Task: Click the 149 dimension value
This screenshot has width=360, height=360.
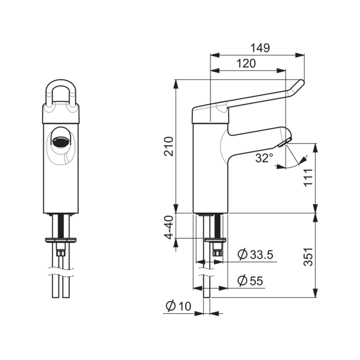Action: click(260, 48)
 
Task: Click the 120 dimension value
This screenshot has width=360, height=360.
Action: click(246, 63)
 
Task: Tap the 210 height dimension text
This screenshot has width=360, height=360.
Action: click(168, 147)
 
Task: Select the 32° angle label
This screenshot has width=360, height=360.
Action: click(264, 158)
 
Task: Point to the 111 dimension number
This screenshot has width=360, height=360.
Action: click(309, 177)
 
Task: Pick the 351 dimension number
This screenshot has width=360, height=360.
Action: click(308, 257)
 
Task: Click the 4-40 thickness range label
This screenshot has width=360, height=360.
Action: click(170, 228)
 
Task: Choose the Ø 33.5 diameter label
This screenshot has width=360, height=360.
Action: click(255, 254)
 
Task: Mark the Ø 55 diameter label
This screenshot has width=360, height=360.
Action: click(250, 280)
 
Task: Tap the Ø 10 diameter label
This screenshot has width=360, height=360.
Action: click(179, 306)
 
